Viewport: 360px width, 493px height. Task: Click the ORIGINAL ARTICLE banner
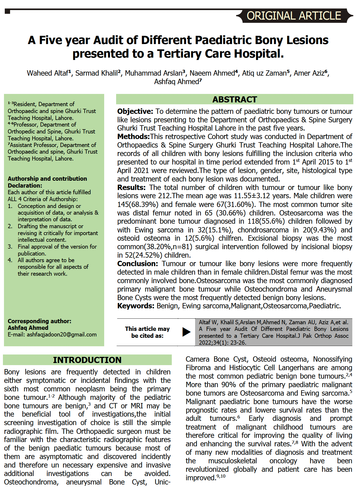coord(294,16)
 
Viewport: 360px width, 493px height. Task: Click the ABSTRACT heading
coord(235,100)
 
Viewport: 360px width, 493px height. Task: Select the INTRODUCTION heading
coord(87,360)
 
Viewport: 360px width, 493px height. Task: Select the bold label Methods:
coord(134,137)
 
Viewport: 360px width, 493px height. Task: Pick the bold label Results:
coord(131,188)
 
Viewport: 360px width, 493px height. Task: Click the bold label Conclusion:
coord(138,264)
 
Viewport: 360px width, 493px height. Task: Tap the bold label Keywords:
coord(136,306)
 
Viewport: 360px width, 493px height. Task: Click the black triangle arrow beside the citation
coord(186,332)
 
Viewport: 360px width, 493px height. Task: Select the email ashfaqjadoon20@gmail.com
coord(62,335)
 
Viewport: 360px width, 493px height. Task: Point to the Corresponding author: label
coord(39,321)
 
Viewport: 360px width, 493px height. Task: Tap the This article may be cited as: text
coord(147,332)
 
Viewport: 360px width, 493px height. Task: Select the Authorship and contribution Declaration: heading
coord(47,182)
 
